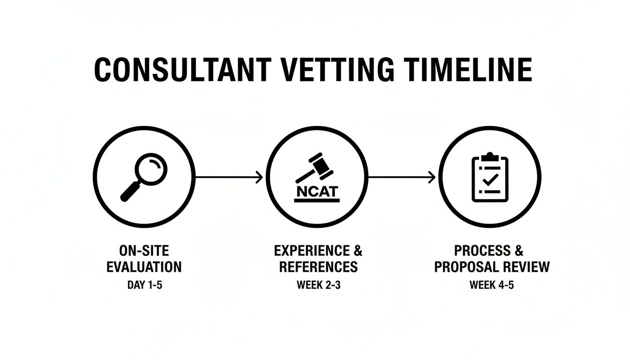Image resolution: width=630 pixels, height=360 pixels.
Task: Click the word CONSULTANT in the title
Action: tap(182, 70)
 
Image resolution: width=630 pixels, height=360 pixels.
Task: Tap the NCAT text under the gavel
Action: tap(317, 191)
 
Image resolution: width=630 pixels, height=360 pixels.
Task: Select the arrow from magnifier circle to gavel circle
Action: tap(228, 177)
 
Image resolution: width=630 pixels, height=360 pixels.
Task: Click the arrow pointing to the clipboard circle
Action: tap(401, 177)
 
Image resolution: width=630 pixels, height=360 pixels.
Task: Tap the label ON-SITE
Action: tap(144, 250)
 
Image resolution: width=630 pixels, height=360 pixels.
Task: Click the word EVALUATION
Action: tap(144, 267)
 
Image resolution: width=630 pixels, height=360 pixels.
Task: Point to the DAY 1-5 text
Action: tap(144, 285)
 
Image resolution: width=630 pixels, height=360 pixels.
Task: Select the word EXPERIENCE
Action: tap(311, 250)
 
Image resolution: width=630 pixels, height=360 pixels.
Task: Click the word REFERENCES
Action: tap(318, 267)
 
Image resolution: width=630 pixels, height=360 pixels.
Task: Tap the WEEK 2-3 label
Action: tap(318, 285)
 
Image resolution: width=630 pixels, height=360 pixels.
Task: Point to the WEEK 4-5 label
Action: tap(492, 285)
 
